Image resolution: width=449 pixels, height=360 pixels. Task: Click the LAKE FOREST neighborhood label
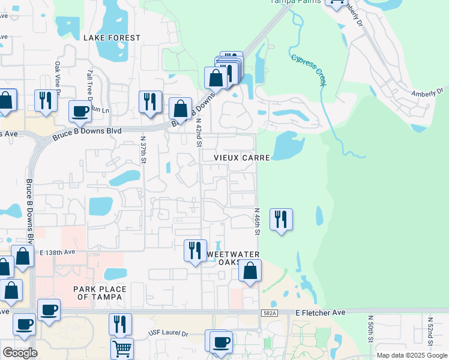[x=112, y=38]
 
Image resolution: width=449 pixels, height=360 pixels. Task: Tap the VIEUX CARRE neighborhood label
[x=243, y=157]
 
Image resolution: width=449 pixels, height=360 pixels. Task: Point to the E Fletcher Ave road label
[x=321, y=313]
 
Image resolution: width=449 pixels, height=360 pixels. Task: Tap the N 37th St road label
[x=144, y=149]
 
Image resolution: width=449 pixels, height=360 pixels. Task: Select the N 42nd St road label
[x=199, y=133]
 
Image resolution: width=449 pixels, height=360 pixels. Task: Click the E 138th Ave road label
[x=58, y=253]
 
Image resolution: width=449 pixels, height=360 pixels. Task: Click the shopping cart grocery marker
[x=122, y=348]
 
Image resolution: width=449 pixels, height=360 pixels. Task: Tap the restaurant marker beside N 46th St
[x=281, y=220]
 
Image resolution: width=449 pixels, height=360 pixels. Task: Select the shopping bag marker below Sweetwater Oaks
[x=250, y=271]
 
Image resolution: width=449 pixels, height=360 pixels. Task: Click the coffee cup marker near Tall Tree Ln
[x=80, y=111]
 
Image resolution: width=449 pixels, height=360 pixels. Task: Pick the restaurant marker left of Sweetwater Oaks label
[x=195, y=250]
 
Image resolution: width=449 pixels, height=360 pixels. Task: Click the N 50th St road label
[x=370, y=329]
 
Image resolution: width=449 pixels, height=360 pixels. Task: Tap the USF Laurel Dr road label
[x=168, y=332]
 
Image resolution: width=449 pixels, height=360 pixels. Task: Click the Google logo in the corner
[x=20, y=352]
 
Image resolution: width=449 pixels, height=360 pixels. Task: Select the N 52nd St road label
[x=430, y=332]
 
